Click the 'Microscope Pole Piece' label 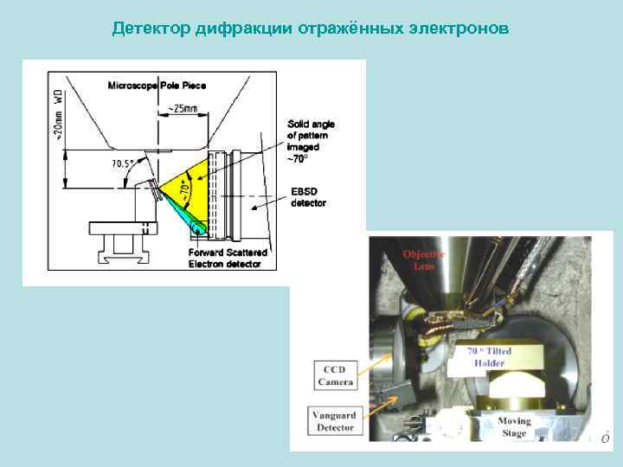tap(157, 85)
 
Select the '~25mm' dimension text tap(181, 110)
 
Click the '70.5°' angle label tap(123, 163)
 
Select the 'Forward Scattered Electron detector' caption tap(224, 258)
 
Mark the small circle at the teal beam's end tap(201, 230)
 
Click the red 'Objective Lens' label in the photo tap(424, 260)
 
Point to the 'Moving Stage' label tap(514, 427)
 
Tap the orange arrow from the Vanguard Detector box tap(382, 406)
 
